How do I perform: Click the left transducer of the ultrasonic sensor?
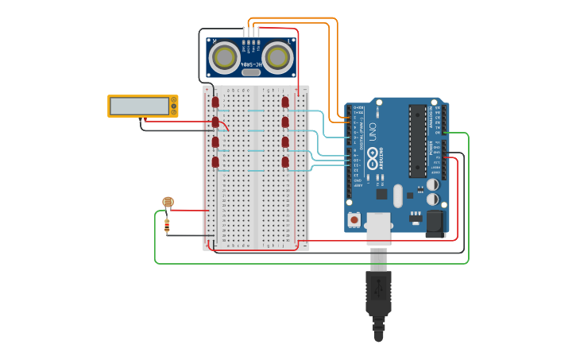click(x=226, y=56)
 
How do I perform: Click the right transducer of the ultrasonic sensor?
click(x=277, y=56)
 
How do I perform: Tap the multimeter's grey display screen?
click(x=140, y=106)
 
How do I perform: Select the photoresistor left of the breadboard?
click(x=168, y=203)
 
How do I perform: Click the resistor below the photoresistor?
click(x=167, y=226)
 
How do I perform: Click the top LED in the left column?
click(x=215, y=102)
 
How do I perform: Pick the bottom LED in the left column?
click(x=215, y=162)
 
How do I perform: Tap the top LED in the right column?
click(x=285, y=102)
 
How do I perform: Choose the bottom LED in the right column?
click(x=285, y=162)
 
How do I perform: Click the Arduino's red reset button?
click(x=354, y=218)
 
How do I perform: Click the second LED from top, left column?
click(x=215, y=122)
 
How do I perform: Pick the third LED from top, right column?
click(x=285, y=142)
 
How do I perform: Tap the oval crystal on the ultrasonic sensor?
click(x=251, y=72)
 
